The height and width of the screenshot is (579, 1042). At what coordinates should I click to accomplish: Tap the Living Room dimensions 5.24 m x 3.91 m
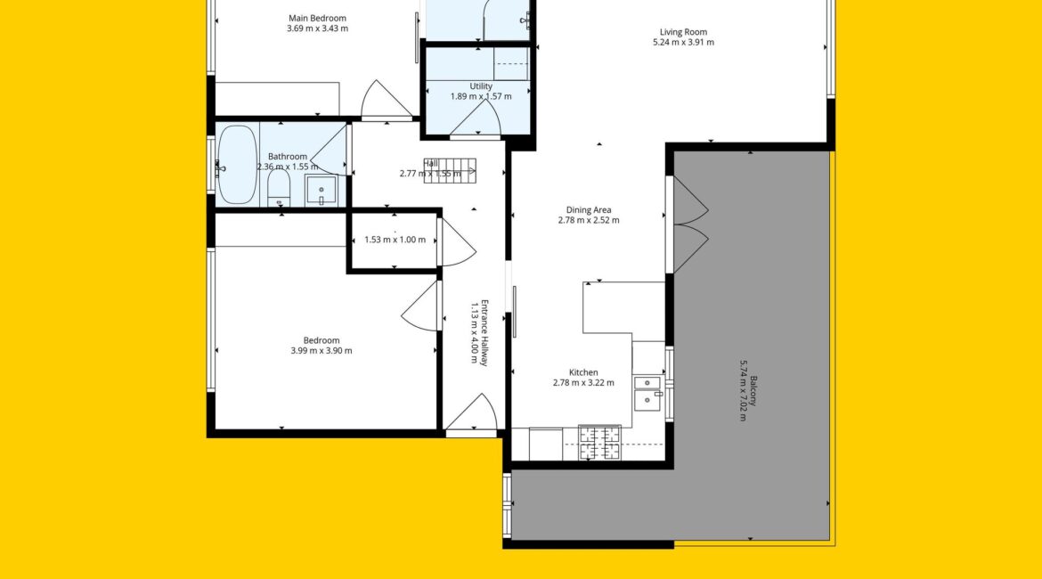683,43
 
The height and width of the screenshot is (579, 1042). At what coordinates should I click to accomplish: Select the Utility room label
481,86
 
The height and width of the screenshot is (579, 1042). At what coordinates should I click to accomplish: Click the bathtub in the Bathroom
237,165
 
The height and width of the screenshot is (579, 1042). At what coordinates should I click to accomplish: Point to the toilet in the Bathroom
279,190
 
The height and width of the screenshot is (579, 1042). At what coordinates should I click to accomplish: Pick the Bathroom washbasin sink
321,191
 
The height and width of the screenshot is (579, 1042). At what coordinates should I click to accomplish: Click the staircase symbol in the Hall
450,171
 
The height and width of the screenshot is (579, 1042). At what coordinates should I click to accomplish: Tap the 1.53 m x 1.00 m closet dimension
395,240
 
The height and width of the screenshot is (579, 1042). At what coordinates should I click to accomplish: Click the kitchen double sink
648,393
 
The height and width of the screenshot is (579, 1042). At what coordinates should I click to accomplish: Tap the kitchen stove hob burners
600,443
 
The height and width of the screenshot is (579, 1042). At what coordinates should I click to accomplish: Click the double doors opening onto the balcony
690,224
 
